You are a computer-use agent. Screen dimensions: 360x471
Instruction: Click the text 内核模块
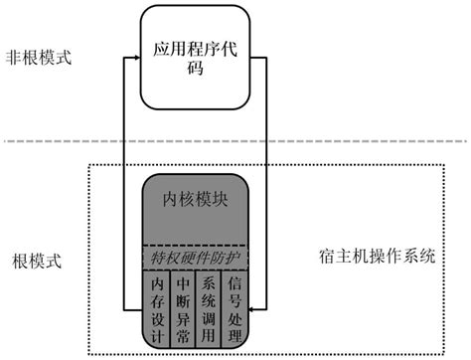[x=196, y=198]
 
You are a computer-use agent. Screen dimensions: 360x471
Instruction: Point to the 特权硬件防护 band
[x=195, y=258]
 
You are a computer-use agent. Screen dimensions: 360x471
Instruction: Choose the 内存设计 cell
[x=156, y=306]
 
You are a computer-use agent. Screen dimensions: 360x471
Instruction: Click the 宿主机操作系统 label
[x=378, y=256]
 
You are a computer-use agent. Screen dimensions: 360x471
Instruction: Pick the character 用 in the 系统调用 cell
[x=209, y=328]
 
